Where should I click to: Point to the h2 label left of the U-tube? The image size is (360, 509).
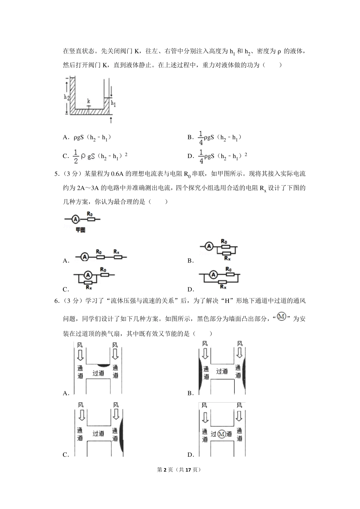point(66,97)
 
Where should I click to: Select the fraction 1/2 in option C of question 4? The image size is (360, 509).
point(75,156)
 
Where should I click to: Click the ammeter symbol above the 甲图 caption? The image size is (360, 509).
point(75,219)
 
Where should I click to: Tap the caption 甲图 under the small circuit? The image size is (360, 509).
point(80,230)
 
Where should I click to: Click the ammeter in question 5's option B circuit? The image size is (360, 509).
point(209,247)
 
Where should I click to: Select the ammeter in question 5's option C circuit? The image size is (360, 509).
point(88,275)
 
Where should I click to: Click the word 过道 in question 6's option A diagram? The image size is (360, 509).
point(98,373)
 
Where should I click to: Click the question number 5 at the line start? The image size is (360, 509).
point(57,174)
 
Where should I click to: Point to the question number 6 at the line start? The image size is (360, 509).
point(57,301)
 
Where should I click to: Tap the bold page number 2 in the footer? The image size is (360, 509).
point(164,470)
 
